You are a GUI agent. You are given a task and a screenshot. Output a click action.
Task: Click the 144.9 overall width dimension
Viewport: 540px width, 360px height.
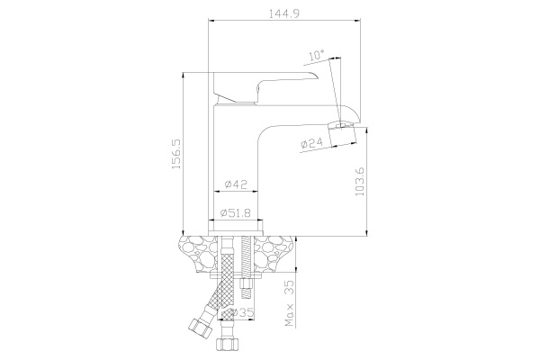(x=284, y=13)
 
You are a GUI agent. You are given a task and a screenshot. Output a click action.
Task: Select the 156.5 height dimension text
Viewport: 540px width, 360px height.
(x=176, y=154)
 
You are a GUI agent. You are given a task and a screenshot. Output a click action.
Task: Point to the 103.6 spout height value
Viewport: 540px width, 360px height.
(x=359, y=182)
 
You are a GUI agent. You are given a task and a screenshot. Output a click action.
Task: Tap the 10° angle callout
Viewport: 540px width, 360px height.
(x=317, y=55)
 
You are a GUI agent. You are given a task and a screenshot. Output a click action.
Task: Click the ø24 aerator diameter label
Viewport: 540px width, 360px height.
(x=311, y=142)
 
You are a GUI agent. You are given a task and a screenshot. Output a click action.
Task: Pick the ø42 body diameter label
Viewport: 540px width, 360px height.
(x=236, y=184)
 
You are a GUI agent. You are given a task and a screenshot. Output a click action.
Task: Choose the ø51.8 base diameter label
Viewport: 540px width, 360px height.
(x=236, y=213)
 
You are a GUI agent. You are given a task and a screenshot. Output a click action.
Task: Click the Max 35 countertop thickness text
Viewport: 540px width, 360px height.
(x=290, y=302)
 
